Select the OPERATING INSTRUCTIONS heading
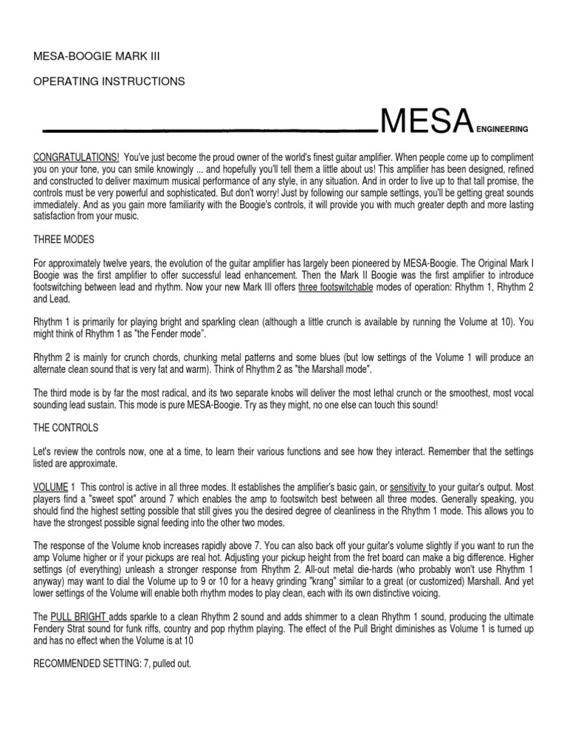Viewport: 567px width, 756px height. [109, 81]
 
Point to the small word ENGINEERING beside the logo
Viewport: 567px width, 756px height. [502, 128]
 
